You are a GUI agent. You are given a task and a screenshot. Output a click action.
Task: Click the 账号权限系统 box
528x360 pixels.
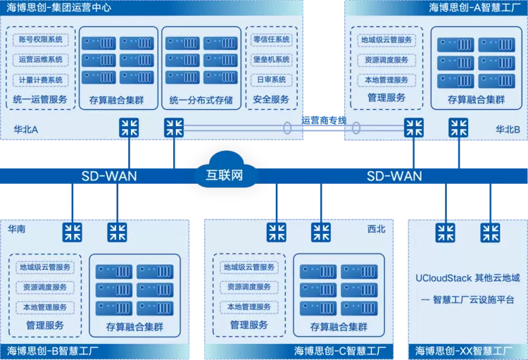tap(40, 40)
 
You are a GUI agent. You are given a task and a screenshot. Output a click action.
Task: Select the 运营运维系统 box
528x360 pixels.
tap(40, 60)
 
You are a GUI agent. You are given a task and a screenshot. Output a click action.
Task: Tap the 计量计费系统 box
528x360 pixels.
tap(40, 80)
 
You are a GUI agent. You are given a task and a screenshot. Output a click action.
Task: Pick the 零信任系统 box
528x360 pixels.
tap(271, 40)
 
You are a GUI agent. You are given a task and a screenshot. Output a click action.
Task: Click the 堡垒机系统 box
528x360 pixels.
tap(271, 60)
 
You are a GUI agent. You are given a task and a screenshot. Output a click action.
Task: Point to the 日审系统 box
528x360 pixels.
tap(271, 80)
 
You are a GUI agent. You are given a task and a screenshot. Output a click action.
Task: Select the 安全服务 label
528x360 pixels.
tap(271, 100)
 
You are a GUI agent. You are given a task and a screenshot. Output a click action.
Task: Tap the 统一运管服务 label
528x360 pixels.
tap(40, 100)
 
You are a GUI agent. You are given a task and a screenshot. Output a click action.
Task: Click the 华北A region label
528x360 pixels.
tap(25, 130)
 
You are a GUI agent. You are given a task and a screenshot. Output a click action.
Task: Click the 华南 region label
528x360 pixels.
tap(18, 230)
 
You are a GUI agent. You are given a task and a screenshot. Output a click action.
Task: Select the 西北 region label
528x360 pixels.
tap(377, 230)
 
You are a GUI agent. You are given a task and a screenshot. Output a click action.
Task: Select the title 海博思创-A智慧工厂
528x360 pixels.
tap(473, 8)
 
